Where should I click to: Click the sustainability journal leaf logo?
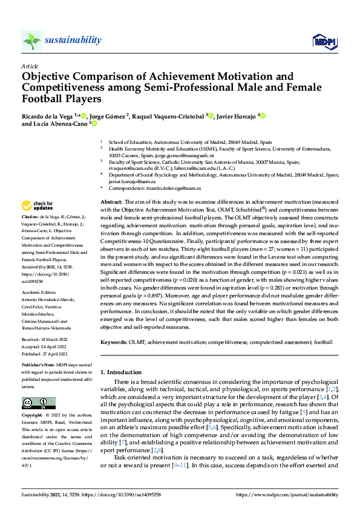pos(31,41)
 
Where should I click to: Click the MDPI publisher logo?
pos(324,41)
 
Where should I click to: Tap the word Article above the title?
pos(29,66)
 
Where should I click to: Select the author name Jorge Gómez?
pos(108,115)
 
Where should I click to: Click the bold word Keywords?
pos(114,342)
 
